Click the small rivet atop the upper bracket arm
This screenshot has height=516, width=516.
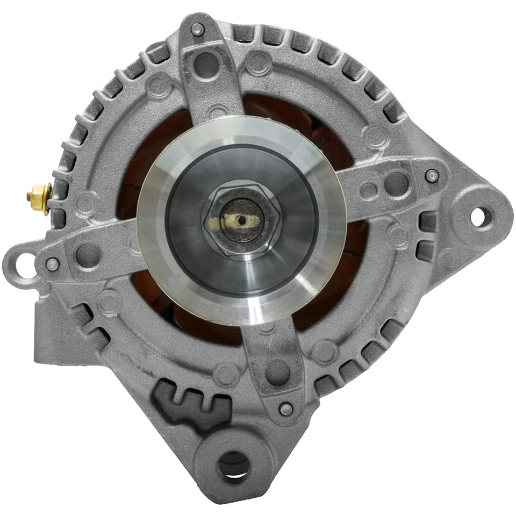point(197,29)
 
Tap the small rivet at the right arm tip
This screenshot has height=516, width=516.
point(432,175)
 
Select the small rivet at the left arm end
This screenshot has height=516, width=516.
point(52,264)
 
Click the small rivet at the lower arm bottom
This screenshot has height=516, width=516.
point(286,409)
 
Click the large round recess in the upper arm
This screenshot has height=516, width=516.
point(206,65)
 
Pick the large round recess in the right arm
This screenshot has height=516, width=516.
point(396,183)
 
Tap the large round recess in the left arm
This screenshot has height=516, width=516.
point(89,255)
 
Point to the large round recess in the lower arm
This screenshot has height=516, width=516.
point(277,371)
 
